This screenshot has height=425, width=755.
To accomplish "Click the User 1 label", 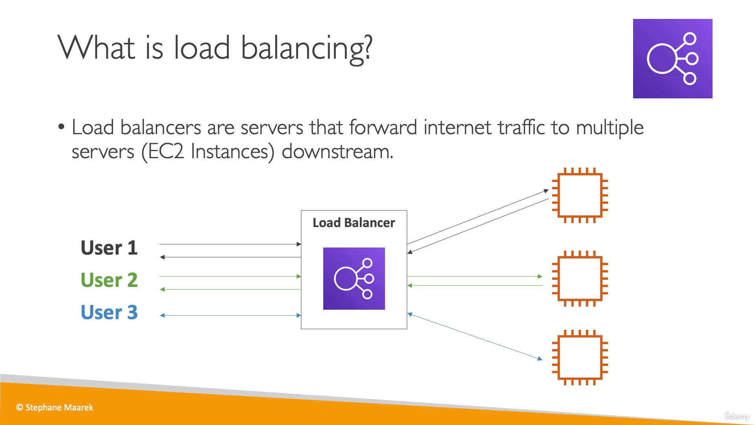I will click(109, 248).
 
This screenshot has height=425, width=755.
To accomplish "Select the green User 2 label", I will click(109, 280).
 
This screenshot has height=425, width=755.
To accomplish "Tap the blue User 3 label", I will click(109, 312).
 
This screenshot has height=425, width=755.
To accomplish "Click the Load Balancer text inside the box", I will click(354, 223).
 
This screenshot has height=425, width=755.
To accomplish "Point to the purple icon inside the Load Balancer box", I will click(354, 279).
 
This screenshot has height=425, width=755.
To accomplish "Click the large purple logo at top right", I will click(672, 59).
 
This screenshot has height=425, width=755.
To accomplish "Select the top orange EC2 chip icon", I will click(580, 196).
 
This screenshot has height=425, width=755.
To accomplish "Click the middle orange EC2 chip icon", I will click(580, 279).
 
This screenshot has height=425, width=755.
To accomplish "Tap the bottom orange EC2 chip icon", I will click(580, 357).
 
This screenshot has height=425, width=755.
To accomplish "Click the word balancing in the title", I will click(306, 48).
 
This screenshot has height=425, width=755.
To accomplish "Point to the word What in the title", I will click(97, 48).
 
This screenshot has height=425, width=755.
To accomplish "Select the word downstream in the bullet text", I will click(337, 152).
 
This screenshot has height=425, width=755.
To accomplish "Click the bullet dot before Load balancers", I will click(61, 127).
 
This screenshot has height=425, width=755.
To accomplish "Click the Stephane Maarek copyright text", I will click(55, 408).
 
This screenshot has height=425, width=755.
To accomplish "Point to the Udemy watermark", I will click(737, 416).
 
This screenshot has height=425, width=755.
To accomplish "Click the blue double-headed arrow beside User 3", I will click(230, 315).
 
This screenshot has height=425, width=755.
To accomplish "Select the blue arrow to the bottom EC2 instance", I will click(475, 336).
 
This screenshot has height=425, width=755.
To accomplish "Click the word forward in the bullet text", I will click(383, 128).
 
